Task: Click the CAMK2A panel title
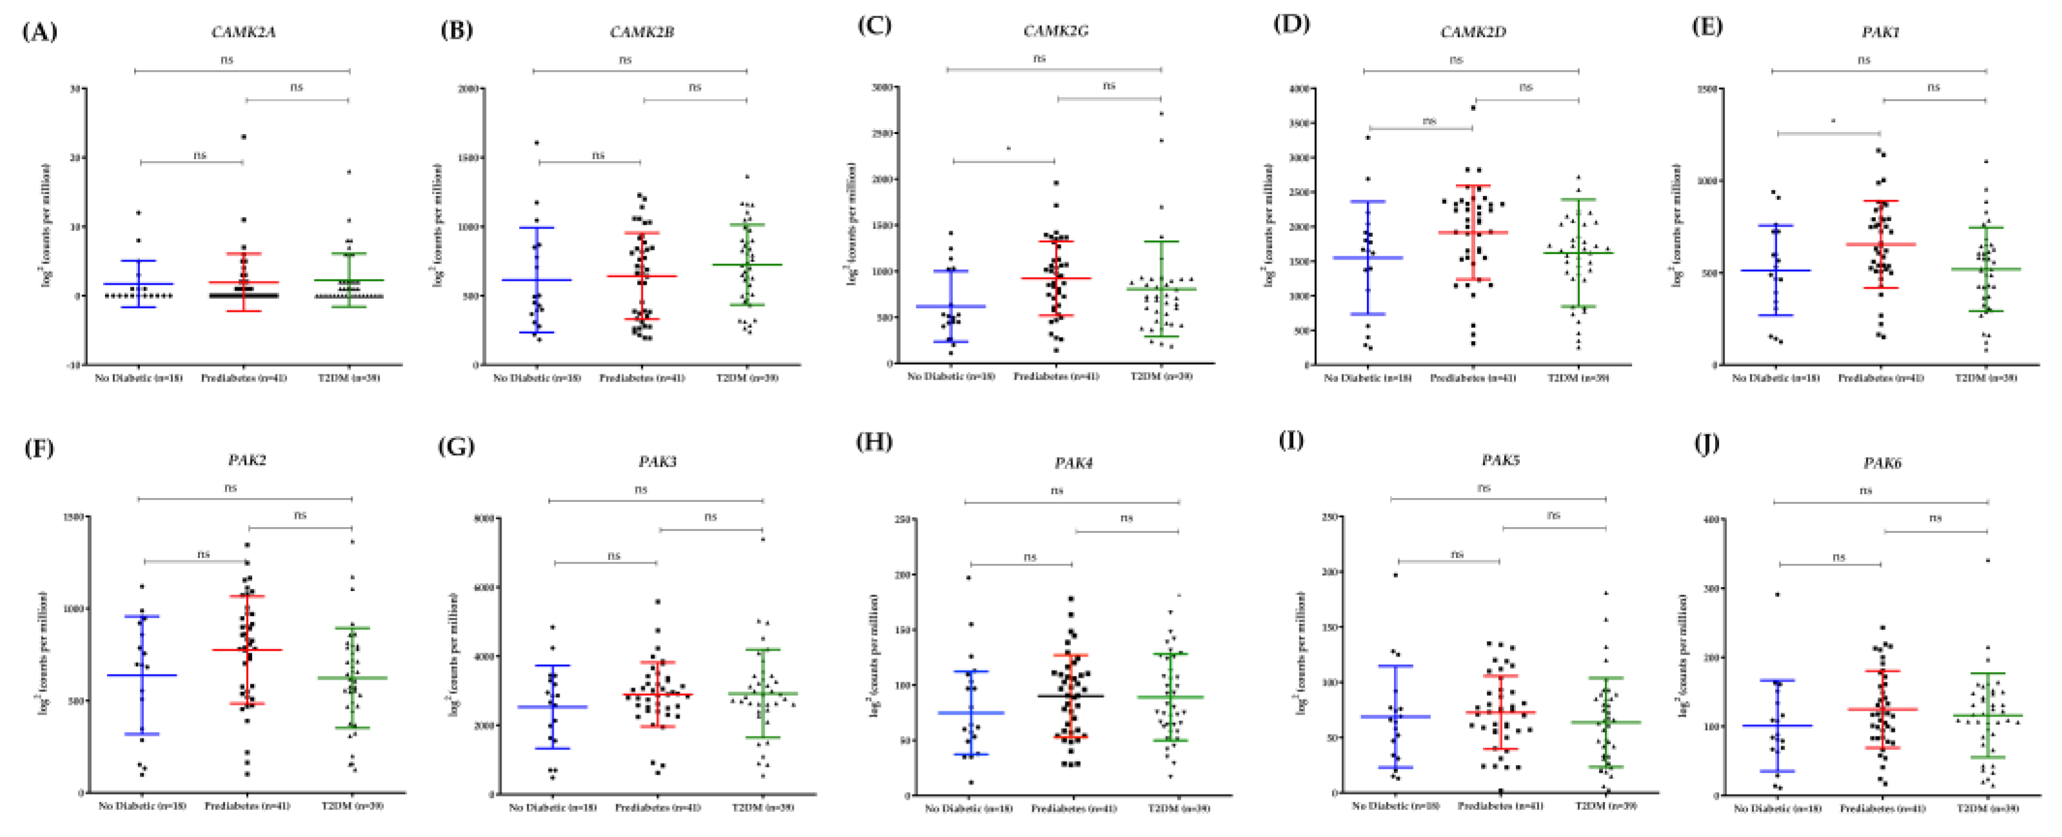[243, 32]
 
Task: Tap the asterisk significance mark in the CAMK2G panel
[1008, 149]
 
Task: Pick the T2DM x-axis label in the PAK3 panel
[763, 807]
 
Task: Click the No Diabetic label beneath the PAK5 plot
[1395, 806]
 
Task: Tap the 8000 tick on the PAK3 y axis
[484, 519]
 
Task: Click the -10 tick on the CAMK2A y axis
[73, 365]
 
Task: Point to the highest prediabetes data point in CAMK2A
[243, 137]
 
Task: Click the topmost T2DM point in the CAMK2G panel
[1161, 113]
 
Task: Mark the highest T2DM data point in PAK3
[763, 539]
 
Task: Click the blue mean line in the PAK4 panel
[971, 712]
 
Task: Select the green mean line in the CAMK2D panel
[1578, 253]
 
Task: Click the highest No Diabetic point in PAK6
[1777, 595]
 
